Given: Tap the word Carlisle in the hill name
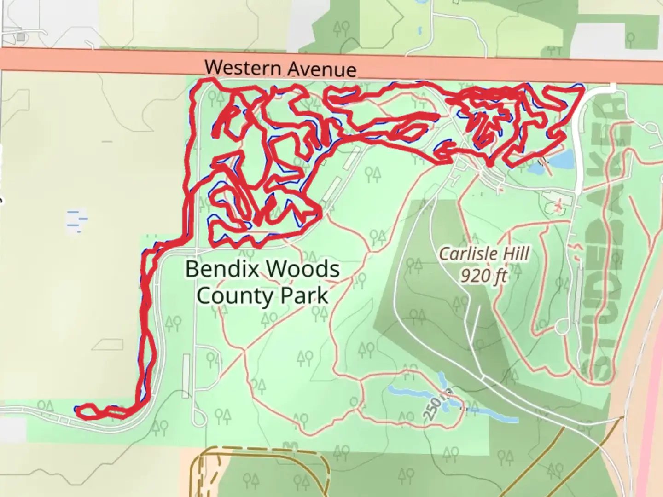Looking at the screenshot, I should [467, 254].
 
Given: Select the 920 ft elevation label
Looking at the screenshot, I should [483, 276].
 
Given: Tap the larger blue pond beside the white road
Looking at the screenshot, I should [562, 159].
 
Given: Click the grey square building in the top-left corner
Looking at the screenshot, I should [20, 37].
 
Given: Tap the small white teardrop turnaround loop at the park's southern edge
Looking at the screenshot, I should [200, 416].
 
